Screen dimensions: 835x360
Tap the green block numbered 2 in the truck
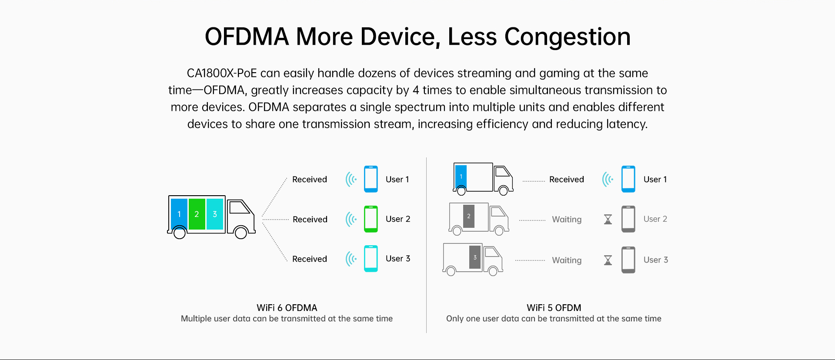197,214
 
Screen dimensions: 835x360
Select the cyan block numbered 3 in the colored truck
215,214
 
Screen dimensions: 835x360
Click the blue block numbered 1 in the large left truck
179,214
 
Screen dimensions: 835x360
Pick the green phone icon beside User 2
371,219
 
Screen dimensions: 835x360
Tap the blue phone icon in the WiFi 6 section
371,179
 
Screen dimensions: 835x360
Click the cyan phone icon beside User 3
371,259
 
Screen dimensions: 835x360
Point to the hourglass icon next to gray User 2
608,219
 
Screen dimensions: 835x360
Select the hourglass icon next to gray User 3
608,260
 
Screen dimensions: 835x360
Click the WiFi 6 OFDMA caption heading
287,308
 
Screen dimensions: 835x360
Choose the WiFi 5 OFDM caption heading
554,308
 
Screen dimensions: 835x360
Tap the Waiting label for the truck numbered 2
567,220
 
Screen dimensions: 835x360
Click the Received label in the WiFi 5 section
567,180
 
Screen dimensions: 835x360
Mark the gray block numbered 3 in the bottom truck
475,257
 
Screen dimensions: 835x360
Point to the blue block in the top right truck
461,177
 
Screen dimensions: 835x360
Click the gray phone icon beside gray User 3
628,260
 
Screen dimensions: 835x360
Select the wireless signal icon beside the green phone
351,219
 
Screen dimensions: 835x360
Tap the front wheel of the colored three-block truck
241,233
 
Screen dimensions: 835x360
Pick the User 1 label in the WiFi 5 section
655,180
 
